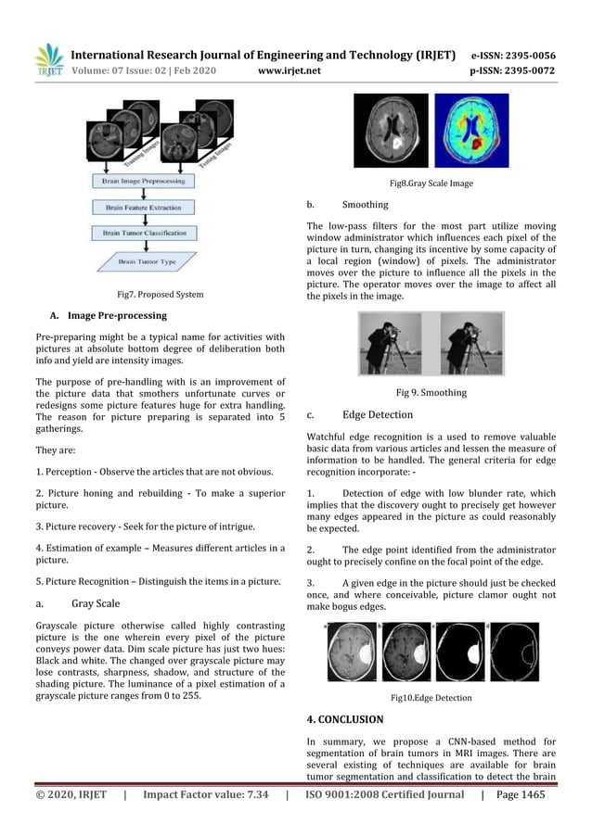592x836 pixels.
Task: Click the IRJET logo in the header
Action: pyautogui.click(x=48, y=59)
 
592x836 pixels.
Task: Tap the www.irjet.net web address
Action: pyautogui.click(x=290, y=70)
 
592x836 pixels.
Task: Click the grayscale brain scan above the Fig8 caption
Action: pyautogui.click(x=397, y=131)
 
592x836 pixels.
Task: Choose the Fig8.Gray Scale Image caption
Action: pyautogui.click(x=431, y=184)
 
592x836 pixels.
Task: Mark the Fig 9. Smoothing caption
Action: pyautogui.click(x=431, y=393)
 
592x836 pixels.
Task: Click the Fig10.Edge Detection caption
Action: pyautogui.click(x=431, y=698)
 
